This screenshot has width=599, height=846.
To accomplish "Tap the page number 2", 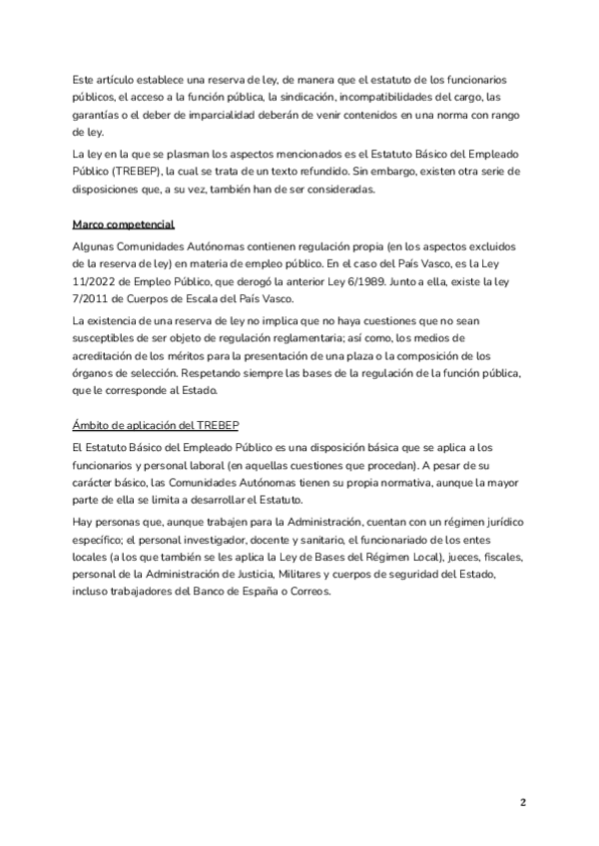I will (x=522, y=802).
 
